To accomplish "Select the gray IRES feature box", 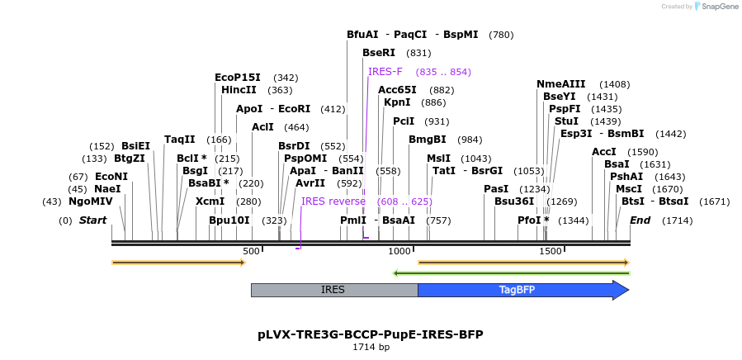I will point(333,290).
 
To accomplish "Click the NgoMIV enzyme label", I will point(90,201).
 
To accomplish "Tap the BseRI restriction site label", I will point(379,53).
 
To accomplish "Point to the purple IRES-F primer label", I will point(385,72).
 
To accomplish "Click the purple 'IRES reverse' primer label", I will point(333,201).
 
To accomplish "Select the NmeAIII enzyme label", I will point(560,84).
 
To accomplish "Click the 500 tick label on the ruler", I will point(251,251).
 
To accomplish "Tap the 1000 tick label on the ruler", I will point(399,251).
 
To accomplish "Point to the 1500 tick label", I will point(551,251).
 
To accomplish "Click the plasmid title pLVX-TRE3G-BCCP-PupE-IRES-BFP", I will point(371,334).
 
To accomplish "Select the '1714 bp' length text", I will point(371,348).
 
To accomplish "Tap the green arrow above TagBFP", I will point(511,272).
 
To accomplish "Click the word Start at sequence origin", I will point(92,220).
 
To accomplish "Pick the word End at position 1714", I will point(640,220).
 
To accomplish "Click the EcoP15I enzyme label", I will point(238,78).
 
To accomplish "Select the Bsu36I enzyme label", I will point(514,201).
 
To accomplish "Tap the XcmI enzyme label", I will point(210,201).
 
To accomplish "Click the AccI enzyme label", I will point(604,152).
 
